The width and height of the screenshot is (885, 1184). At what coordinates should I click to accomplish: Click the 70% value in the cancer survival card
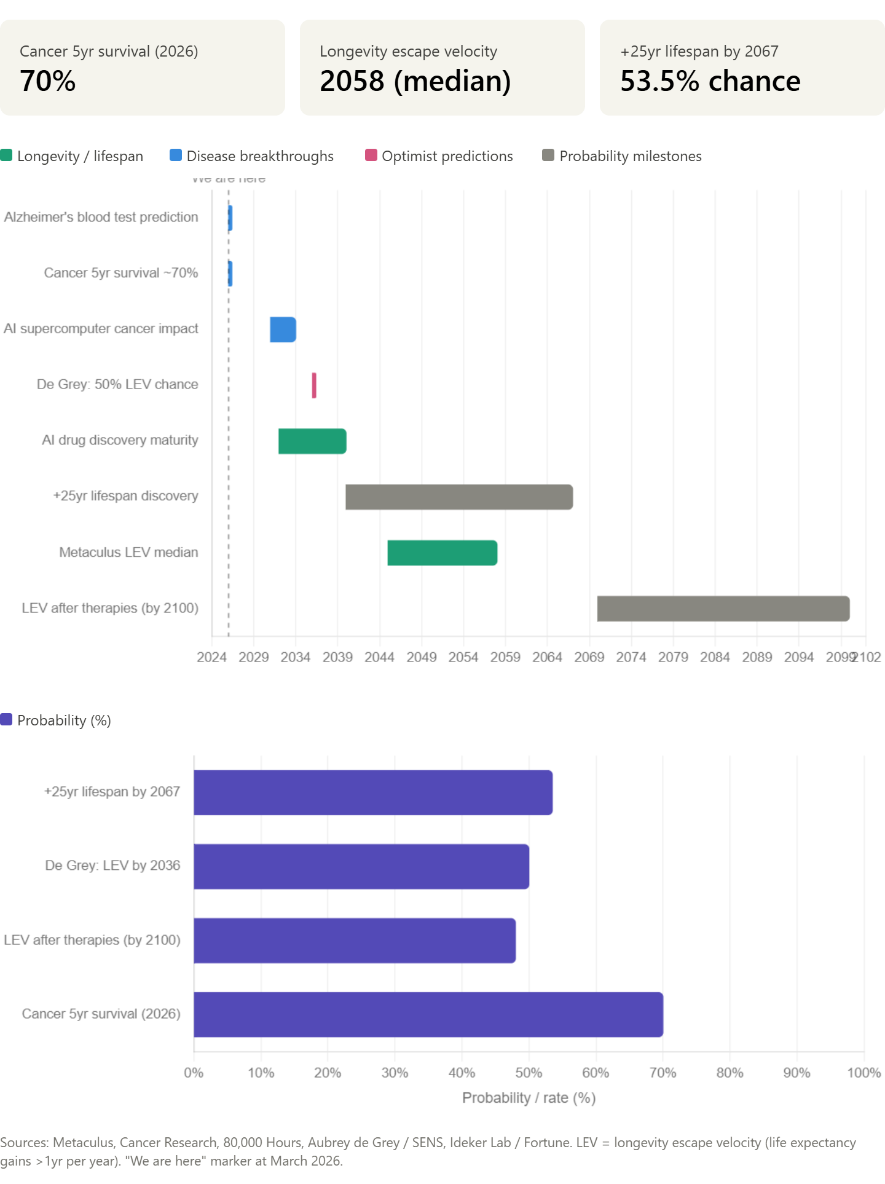[48, 81]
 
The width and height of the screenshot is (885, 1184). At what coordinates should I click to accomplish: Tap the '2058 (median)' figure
[415, 81]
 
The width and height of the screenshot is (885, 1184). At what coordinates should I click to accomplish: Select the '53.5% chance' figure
[710, 81]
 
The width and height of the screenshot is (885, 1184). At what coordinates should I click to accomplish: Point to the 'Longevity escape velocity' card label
[408, 52]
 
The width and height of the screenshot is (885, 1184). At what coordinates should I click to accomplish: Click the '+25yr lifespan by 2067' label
[699, 52]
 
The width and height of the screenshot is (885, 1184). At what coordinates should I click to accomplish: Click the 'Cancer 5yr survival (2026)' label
[109, 52]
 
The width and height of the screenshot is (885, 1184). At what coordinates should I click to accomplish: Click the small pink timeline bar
[313, 385]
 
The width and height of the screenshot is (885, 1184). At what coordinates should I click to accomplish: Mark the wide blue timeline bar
[283, 330]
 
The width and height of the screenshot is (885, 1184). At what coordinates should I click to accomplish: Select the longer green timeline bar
[442, 553]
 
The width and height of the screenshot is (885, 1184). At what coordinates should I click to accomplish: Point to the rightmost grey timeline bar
[723, 609]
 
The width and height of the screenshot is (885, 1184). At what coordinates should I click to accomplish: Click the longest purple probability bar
[428, 1014]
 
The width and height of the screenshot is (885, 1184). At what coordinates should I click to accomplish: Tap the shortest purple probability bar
[355, 941]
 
